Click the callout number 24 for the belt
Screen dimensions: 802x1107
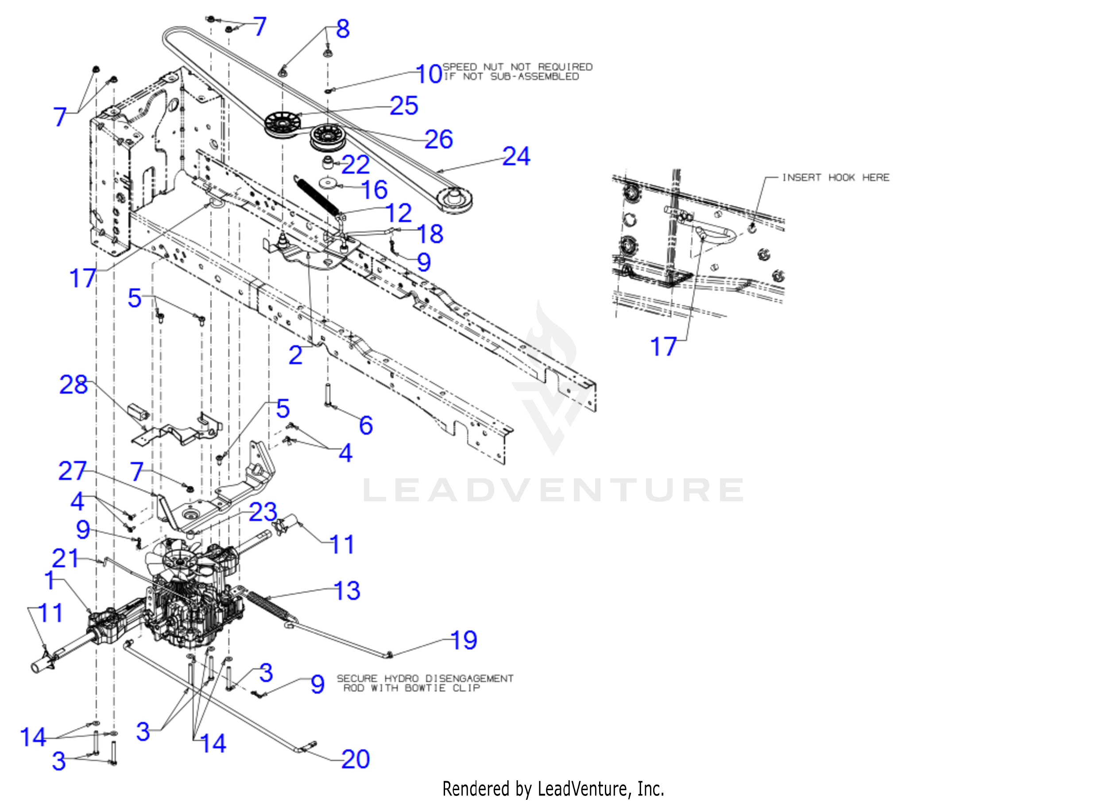[516, 157]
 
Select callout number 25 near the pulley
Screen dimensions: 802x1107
[404, 105]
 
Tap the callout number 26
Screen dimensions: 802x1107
[438, 139]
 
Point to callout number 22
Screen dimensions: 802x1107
[355, 165]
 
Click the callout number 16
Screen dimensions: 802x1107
[374, 190]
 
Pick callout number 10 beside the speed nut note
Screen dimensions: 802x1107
[428, 74]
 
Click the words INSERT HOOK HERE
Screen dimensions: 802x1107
[835, 178]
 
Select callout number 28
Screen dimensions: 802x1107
[73, 385]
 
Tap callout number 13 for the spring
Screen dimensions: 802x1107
[347, 591]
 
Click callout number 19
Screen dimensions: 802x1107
[463, 640]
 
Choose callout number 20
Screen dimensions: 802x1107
[355, 759]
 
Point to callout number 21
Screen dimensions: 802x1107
[65, 558]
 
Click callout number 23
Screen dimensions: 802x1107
[263, 512]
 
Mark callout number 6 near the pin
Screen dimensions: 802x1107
[366, 425]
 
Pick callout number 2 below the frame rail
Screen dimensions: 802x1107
[295, 355]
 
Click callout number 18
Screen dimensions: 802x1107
[430, 234]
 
